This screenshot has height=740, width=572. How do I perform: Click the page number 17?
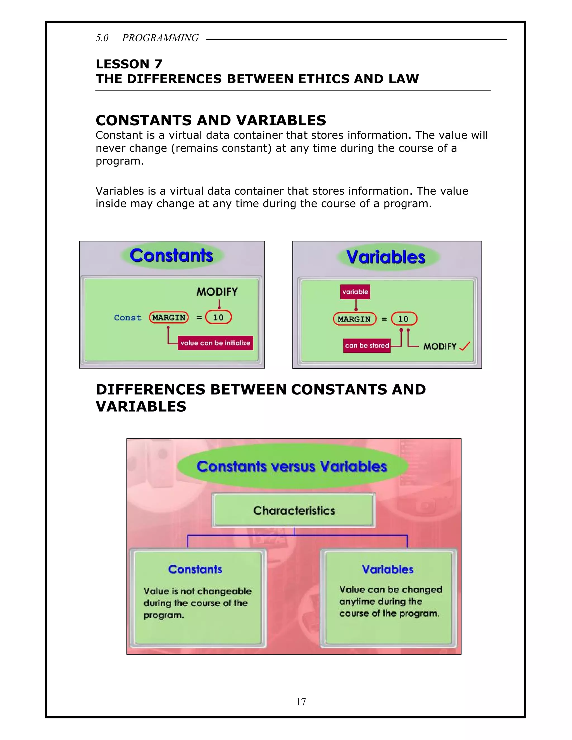[301, 702]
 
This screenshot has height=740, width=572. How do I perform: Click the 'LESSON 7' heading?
[129, 64]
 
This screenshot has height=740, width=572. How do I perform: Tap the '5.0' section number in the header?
[102, 38]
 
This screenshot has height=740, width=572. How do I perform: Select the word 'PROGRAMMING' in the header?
[160, 38]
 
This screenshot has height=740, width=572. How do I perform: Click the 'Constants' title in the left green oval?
[171, 256]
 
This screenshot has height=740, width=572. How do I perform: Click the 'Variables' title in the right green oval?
[386, 257]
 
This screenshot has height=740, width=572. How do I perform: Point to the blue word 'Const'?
[127, 318]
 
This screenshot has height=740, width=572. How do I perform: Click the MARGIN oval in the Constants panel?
[169, 318]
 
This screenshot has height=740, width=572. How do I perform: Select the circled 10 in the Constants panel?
[218, 318]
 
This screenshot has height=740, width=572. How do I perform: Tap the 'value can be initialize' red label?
[215, 343]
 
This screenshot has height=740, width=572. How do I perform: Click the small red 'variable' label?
[355, 292]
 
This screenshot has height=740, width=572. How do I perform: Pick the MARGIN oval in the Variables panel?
[354, 319]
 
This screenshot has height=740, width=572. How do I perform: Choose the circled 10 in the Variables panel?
[404, 319]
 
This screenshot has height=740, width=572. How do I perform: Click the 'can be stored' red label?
[367, 346]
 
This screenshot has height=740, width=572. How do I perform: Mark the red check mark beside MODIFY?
[464, 346]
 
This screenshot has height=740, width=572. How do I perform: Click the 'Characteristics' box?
[294, 510]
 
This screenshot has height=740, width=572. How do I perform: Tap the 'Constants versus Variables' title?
[292, 467]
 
